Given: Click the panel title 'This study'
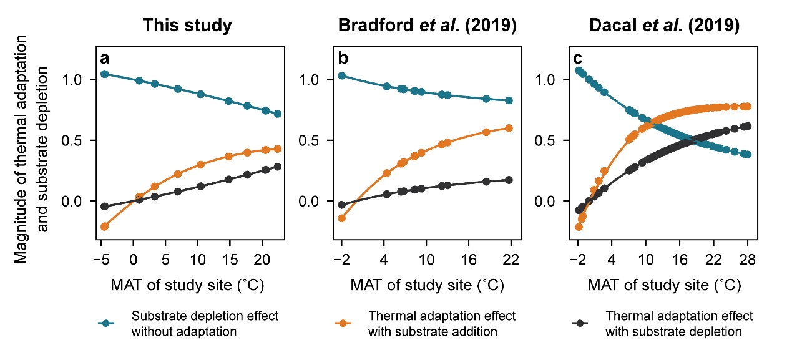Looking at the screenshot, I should tap(187, 26).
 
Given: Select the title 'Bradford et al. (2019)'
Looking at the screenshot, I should tap(428, 26).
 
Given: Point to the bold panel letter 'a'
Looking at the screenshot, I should tap(105, 59).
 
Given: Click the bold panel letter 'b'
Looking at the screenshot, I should tap(343, 59).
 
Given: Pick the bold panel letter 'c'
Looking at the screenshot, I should tap(578, 59).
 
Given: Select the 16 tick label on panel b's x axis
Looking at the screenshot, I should tap(469, 259).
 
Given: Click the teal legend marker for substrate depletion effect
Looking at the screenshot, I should tap(107, 323).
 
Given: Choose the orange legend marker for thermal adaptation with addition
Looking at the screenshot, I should tap(343, 323).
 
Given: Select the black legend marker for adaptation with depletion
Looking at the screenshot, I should tap(580, 323).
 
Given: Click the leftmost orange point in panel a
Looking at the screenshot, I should tap(105, 226).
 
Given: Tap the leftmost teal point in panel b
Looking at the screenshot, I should tap(341, 75).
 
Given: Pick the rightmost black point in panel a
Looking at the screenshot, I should tap(277, 167).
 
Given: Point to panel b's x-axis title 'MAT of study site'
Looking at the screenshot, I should tap(428, 286).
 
